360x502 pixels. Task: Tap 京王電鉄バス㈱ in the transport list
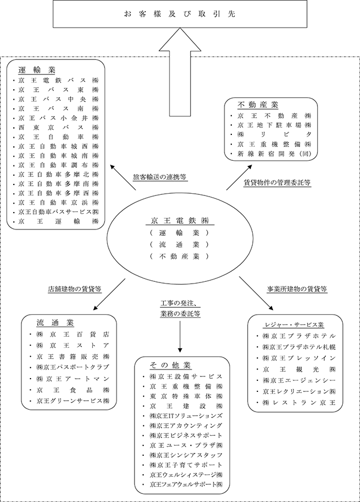58,81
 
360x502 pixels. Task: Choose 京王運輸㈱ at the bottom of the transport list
58,221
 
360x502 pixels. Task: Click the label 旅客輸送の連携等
159,177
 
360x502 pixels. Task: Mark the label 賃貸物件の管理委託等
277,182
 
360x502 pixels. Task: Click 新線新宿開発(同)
273,154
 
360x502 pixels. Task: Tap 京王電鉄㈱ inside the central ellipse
179,221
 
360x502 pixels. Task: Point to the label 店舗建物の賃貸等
74,289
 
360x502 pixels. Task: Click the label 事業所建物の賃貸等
298,289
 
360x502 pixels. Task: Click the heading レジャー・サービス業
294,324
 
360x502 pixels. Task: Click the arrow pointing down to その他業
181,340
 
